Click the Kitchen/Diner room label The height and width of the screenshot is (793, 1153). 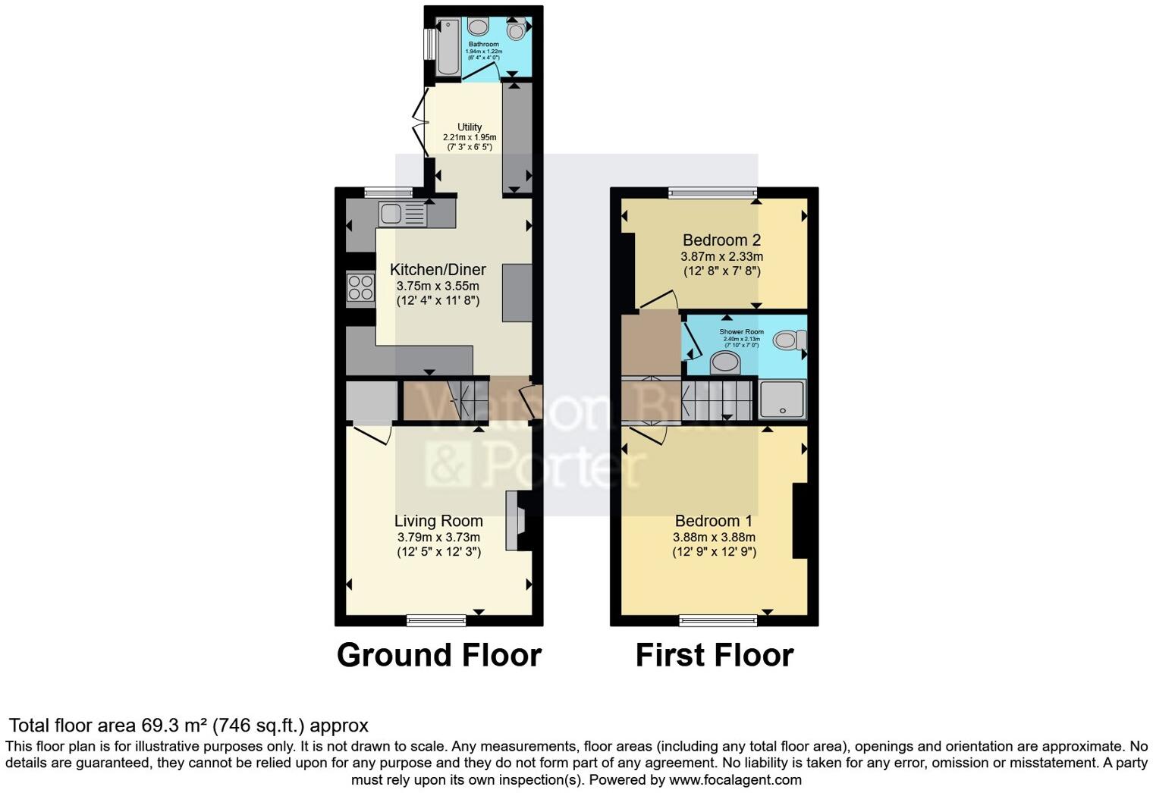[438, 270]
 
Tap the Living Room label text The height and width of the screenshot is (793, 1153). [438, 521]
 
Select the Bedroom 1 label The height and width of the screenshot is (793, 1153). [714, 521]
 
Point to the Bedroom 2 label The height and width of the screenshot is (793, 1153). [721, 240]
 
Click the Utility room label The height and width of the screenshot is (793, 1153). [470, 127]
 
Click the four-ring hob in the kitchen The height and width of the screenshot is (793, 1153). [360, 288]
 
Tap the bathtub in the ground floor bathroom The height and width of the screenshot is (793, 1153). [448, 47]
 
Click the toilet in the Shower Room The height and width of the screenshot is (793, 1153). [790, 340]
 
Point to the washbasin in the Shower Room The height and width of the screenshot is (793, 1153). [726, 362]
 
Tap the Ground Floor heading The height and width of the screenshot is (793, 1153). [438, 655]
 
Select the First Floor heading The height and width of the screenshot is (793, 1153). [714, 655]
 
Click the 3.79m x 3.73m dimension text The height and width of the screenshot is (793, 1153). [438, 537]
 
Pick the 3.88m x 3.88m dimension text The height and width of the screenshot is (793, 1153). [714, 537]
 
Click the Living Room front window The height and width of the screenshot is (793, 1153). [436, 620]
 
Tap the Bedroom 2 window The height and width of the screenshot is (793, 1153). [712, 193]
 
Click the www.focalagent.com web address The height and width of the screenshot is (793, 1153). [734, 779]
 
